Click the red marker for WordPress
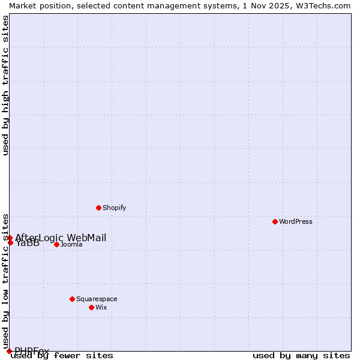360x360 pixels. coord(275,221)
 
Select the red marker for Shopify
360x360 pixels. coord(98,208)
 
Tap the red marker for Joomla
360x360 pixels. coord(56,244)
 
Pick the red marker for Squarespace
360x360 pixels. coord(72,299)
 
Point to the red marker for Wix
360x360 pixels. coord(91,307)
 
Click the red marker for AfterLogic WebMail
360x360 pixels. coord(10,238)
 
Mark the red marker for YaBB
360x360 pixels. coord(10,242)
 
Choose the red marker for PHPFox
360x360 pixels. coord(9,351)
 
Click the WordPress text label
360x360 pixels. coord(296,221)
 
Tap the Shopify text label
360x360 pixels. coord(114,208)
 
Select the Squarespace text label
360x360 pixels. coord(97,299)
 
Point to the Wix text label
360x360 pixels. coord(101,307)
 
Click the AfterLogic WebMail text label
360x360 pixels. coord(61,238)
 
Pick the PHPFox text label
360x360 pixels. coord(32,351)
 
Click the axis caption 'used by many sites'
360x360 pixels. coord(301,355)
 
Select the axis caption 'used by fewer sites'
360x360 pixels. coord(62,355)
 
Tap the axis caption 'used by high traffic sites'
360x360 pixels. coord(5,86)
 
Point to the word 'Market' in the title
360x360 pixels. coord(23,5)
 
